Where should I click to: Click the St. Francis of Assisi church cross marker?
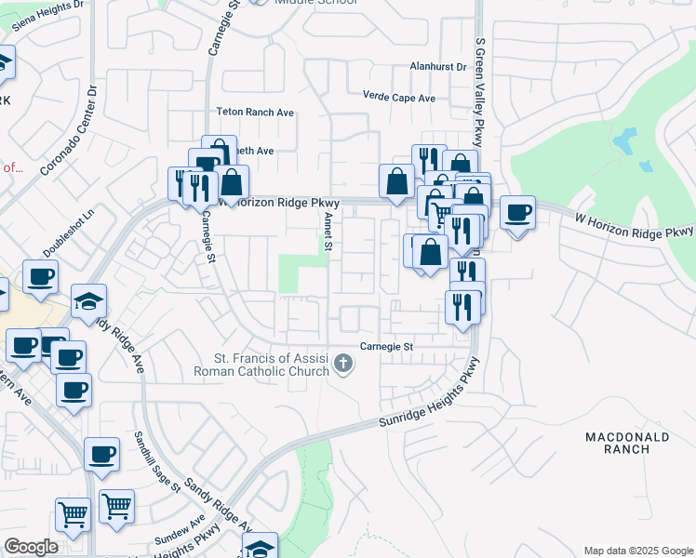point(344,363)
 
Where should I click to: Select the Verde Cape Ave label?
point(400,98)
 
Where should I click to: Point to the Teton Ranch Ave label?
point(255,112)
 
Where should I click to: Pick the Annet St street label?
point(328,230)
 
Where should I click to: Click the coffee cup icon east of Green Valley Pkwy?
point(517,212)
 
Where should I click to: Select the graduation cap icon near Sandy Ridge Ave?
point(88,301)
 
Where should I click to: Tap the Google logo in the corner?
point(32,547)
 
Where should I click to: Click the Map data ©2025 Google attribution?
point(637,551)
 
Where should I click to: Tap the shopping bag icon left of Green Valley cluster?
point(397,181)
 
